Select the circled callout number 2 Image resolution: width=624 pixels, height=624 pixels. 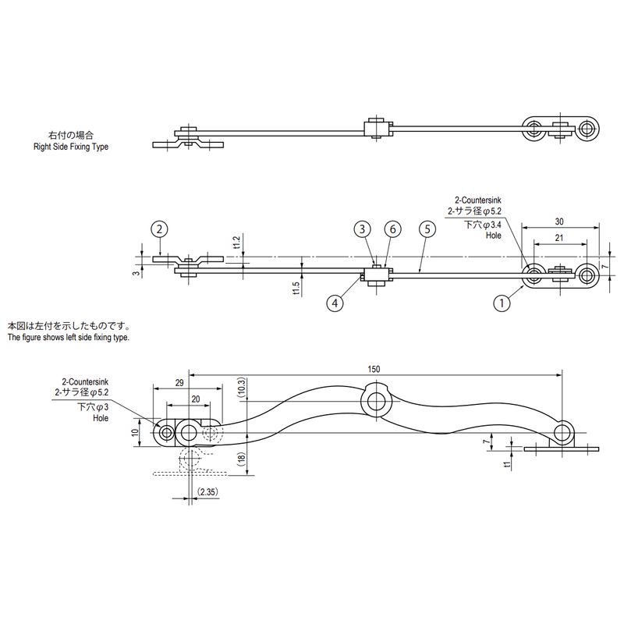coord(159,229)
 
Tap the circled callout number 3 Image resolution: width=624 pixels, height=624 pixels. coord(362,229)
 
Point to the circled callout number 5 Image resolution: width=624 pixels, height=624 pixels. coord(425,229)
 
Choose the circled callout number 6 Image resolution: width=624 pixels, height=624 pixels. coord(392,229)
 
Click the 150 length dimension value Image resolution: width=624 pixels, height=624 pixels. coord(377,368)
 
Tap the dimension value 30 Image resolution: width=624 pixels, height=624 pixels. coord(560,221)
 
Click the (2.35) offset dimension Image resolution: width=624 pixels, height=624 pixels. coord(208,492)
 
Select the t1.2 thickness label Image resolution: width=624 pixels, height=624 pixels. coord(236,243)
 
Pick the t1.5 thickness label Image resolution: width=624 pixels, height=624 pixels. coord(296,288)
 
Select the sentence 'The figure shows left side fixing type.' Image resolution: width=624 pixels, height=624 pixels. coord(69,338)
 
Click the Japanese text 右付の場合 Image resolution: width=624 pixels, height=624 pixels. coord(69,135)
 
